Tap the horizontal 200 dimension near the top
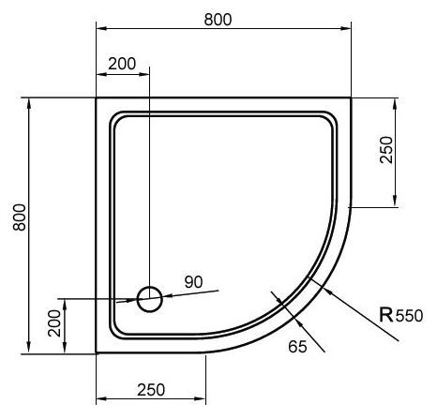(122, 64)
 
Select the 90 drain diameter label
(193, 281)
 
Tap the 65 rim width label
(297, 347)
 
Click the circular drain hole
(149, 299)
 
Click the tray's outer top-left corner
(97, 97)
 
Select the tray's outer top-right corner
(351, 97)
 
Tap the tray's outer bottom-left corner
(97, 353)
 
